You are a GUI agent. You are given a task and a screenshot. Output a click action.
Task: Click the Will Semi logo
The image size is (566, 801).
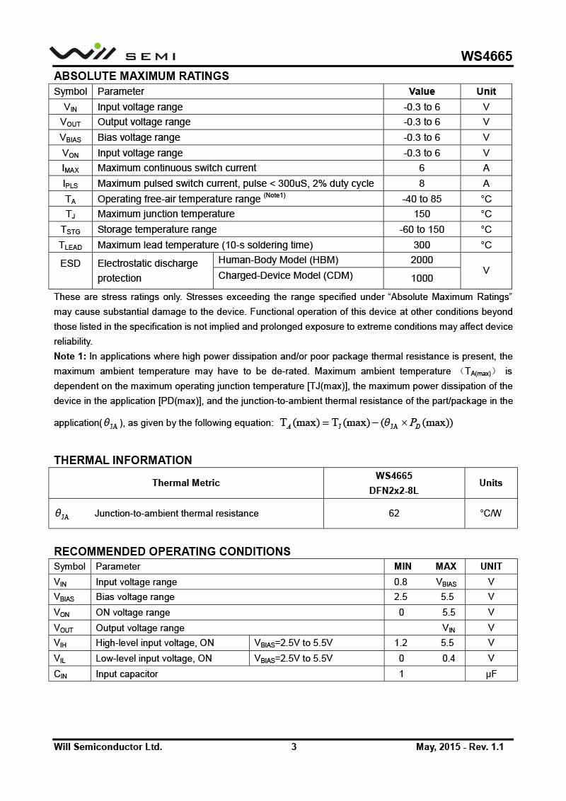[112, 53]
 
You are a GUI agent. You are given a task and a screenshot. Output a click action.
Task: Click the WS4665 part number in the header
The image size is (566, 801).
[486, 57]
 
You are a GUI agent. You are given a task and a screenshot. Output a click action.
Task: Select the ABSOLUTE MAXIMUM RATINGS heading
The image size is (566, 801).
[141, 76]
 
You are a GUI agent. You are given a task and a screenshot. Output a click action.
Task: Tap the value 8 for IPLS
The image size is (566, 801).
[422, 183]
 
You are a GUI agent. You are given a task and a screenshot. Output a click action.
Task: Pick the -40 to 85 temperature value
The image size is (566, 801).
[422, 199]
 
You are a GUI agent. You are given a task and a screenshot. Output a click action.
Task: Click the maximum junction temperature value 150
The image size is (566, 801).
[422, 214]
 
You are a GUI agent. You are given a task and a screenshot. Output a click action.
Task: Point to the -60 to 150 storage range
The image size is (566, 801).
[422, 229]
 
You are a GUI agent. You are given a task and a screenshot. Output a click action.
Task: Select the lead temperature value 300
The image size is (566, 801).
[422, 245]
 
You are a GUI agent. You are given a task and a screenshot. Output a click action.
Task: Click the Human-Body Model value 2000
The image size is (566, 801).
[422, 260]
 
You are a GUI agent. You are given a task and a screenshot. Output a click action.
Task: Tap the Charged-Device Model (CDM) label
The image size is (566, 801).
[285, 276]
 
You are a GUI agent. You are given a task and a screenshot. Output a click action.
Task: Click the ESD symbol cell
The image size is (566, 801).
[70, 263]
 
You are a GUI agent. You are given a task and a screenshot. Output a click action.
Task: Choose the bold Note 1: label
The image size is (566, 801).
[70, 357]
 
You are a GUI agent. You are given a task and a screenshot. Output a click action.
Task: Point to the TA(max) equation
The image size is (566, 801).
[366, 423]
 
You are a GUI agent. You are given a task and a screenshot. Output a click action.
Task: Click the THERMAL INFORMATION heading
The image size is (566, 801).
[123, 460]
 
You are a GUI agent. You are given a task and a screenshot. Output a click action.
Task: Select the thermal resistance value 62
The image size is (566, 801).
[394, 513]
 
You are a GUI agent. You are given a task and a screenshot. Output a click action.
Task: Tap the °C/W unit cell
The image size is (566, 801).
[490, 513]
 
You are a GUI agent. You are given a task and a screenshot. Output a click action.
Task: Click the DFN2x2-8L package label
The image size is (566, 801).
[394, 490]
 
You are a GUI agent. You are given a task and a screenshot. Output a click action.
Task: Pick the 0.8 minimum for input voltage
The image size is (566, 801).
[400, 582]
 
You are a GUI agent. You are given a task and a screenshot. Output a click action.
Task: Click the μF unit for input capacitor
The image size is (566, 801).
[491, 674]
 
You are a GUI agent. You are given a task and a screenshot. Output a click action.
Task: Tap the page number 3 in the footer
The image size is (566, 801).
[294, 747]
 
